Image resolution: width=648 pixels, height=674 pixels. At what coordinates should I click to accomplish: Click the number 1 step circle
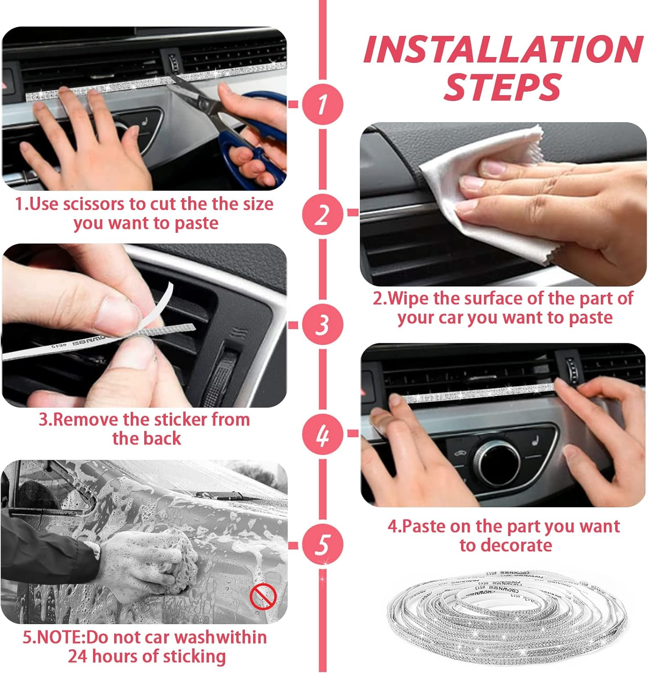(x=322, y=104)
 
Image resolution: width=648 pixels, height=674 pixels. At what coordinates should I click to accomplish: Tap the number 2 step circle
(x=322, y=214)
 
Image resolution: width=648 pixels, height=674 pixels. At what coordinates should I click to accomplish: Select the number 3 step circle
(x=322, y=324)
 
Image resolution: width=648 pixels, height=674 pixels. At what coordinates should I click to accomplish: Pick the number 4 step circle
(x=322, y=435)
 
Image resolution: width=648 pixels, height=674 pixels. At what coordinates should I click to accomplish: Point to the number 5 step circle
(x=322, y=545)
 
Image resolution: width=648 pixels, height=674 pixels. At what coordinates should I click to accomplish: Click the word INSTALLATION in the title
(x=503, y=49)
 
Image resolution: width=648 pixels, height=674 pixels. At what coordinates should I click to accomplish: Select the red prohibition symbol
(x=263, y=597)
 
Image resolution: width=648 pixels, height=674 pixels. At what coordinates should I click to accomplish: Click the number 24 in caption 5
(x=78, y=656)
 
